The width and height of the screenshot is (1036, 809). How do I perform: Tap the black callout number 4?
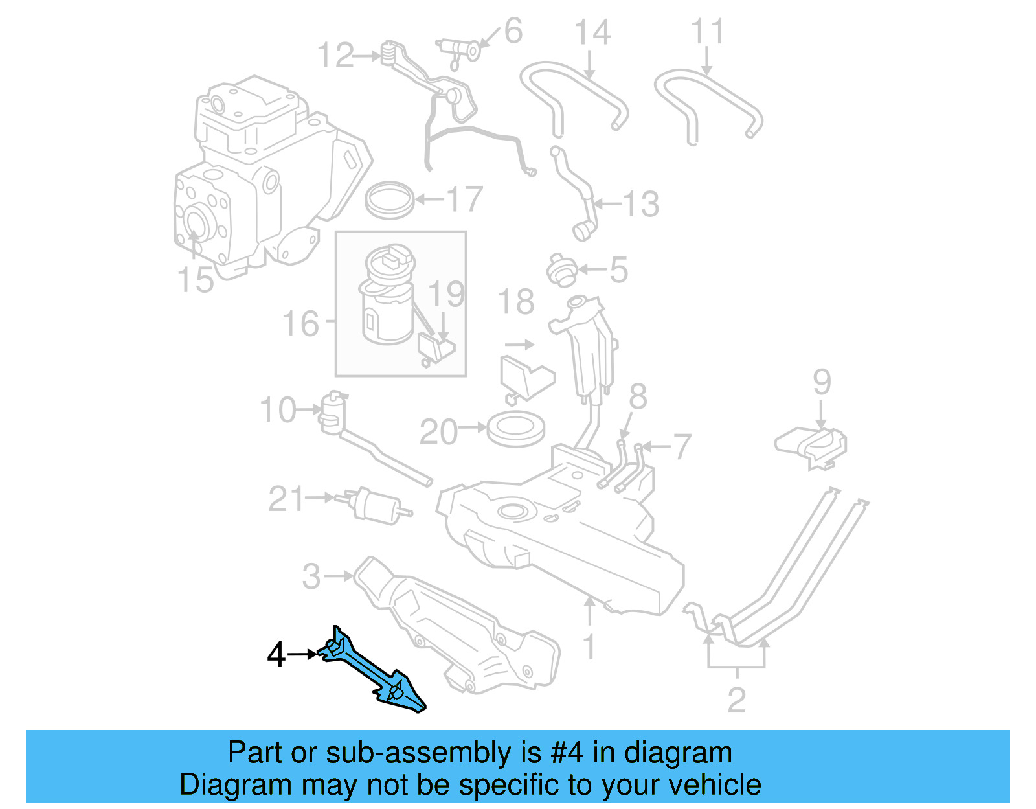pos(276,655)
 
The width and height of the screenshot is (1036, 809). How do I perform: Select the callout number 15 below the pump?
pos(195,280)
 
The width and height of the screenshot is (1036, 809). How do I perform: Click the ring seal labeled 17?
pos(390,199)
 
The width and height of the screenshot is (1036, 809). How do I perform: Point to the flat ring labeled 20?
pos(515,430)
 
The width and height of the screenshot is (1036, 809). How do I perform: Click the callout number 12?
pos(335,56)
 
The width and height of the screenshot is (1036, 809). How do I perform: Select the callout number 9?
pos(822,382)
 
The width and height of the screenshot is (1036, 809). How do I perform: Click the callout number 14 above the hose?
pos(592,33)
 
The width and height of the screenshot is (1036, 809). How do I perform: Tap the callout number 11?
pos(707,32)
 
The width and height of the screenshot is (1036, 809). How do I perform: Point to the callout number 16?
pos(300,323)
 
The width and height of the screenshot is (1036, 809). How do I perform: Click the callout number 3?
pos(311,576)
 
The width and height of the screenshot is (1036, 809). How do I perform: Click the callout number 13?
pos(640,204)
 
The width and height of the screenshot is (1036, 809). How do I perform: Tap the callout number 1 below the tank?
pos(589,646)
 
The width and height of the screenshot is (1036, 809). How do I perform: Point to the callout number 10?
pos(278,410)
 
